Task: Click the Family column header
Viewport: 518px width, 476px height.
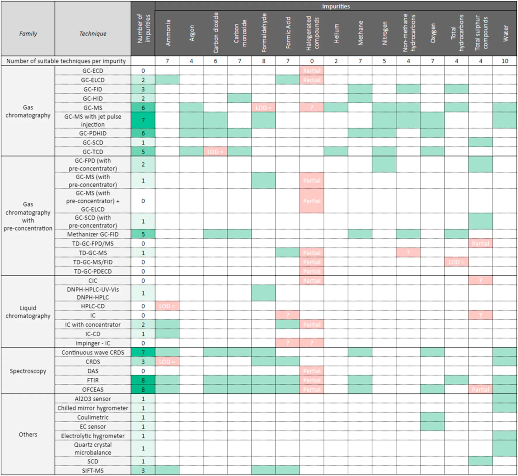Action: pos(28,34)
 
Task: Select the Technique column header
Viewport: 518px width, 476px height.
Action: pos(93,34)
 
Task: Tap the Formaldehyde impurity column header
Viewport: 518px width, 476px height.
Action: pos(264,33)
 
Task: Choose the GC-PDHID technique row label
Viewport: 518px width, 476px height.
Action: pos(93,133)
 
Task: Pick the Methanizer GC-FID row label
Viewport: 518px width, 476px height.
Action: pos(93,234)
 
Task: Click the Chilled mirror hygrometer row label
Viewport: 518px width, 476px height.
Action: pos(93,408)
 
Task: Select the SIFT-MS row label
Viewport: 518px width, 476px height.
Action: pos(93,470)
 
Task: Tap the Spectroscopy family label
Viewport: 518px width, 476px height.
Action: pos(28,371)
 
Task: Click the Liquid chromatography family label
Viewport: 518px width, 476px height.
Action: pos(28,312)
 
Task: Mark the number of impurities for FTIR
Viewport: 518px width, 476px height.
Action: pos(143,380)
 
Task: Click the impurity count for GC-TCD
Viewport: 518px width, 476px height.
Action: pos(143,152)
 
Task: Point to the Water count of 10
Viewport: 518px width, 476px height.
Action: pos(505,61)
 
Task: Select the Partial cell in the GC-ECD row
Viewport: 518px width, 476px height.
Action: pos(312,71)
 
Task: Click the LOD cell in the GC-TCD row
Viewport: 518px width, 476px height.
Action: pos(215,152)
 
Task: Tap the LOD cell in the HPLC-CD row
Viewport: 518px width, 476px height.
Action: pos(167,306)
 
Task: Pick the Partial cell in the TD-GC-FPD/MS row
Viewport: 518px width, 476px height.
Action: pos(480,244)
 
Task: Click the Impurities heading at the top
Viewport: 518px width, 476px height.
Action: pos(336,6)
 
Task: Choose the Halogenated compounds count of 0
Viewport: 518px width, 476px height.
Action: pos(312,61)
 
